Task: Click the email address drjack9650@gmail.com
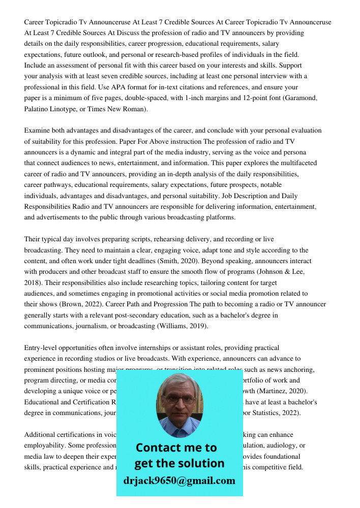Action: click(x=179, y=481)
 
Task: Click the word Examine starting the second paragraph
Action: click(x=38, y=131)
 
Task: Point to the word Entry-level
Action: click(x=42, y=348)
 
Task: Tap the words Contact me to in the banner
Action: click(x=176, y=448)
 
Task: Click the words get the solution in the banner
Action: click(x=179, y=463)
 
